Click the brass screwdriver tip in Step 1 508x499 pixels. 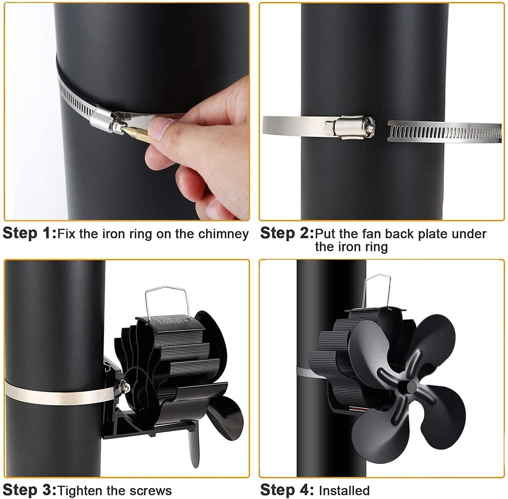(136, 134)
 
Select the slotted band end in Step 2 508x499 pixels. (444, 131)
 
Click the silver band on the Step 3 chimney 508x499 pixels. (58, 394)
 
